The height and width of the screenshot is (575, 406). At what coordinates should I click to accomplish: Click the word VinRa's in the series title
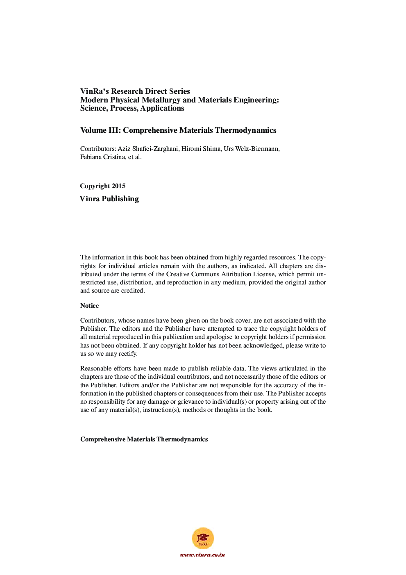pyautogui.click(x=95, y=91)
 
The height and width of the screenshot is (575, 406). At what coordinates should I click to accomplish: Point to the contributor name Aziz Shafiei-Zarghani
pyautogui.click(x=148, y=149)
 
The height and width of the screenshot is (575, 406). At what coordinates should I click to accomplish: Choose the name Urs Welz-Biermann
pyautogui.click(x=252, y=149)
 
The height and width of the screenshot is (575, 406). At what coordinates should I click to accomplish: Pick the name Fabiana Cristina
pyautogui.click(x=102, y=157)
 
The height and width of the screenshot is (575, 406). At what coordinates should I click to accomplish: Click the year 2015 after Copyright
pyautogui.click(x=118, y=186)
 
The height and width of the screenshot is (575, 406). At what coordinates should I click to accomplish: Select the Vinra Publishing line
pyautogui.click(x=109, y=199)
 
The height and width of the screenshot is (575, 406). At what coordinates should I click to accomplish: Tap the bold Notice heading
pyautogui.click(x=89, y=306)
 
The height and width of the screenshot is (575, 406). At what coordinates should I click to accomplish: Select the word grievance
pyautogui.click(x=191, y=402)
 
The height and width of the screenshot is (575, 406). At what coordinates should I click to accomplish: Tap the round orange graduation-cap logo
pyautogui.click(x=203, y=538)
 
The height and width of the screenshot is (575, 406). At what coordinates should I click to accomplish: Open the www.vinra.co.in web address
pyautogui.click(x=202, y=555)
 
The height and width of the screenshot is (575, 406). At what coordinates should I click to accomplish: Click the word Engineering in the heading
pyautogui.click(x=256, y=100)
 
